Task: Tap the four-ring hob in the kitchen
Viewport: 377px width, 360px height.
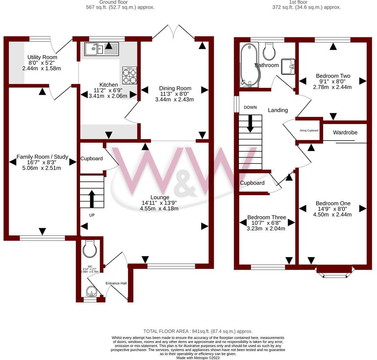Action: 129,76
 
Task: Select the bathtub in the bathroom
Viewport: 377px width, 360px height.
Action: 249,64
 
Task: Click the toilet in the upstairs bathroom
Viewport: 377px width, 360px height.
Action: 269,52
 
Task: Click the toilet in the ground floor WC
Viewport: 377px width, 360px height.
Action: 90,249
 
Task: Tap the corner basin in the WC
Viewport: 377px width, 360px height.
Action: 91,292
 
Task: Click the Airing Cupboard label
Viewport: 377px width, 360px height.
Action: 309,130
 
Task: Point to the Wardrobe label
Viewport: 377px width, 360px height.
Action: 345,133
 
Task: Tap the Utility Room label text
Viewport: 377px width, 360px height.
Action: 42,57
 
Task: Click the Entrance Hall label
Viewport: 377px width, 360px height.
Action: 116,283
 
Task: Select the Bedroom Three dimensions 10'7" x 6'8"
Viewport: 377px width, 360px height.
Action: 266,223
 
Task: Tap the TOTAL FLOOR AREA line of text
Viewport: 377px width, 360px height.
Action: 198,331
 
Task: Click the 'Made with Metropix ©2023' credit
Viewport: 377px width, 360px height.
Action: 198,358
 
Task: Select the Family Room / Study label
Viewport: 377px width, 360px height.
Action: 42,157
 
